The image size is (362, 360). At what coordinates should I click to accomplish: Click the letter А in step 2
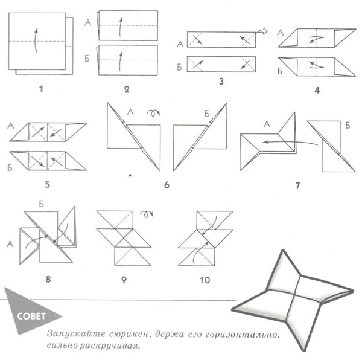coord(89,22)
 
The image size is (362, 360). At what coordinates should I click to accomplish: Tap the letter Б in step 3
coord(180,63)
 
